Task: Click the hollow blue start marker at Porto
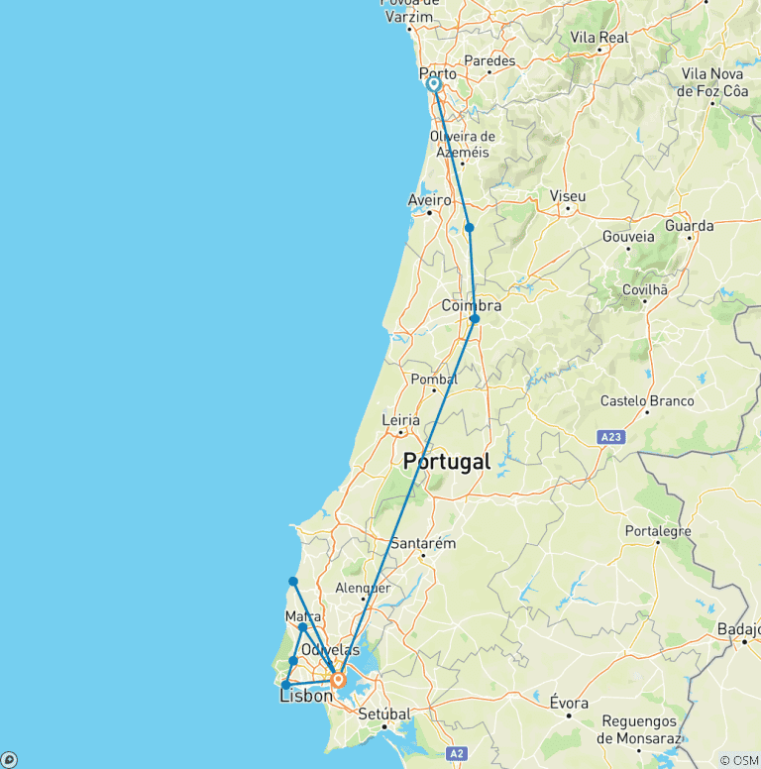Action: [x=434, y=84]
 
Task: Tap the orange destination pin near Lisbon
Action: [x=338, y=680]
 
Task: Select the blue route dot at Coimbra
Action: [x=475, y=319]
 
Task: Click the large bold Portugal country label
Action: [x=447, y=462]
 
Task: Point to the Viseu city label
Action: [x=568, y=196]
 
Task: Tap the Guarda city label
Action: [x=690, y=226]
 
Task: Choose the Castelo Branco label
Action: [x=647, y=401]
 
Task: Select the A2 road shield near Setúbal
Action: [x=455, y=754]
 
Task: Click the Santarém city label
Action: [x=423, y=543]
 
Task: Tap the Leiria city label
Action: [x=401, y=420]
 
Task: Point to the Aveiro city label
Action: [x=428, y=200]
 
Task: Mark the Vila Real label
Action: [x=599, y=37]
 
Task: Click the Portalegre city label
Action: [x=658, y=531]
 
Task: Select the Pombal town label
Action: [x=434, y=380]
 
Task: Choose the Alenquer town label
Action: [x=364, y=588]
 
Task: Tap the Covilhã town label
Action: [x=645, y=289]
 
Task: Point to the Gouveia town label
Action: [x=629, y=237]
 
